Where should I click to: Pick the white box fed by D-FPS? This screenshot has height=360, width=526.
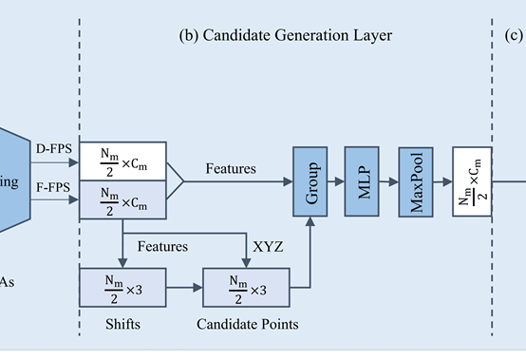coord(122,160)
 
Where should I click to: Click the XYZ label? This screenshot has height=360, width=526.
coord(266,246)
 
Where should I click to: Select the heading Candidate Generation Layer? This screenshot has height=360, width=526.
coord(285,35)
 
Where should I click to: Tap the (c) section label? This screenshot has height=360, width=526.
coord(513,35)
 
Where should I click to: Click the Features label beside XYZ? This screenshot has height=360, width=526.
coord(162,246)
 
